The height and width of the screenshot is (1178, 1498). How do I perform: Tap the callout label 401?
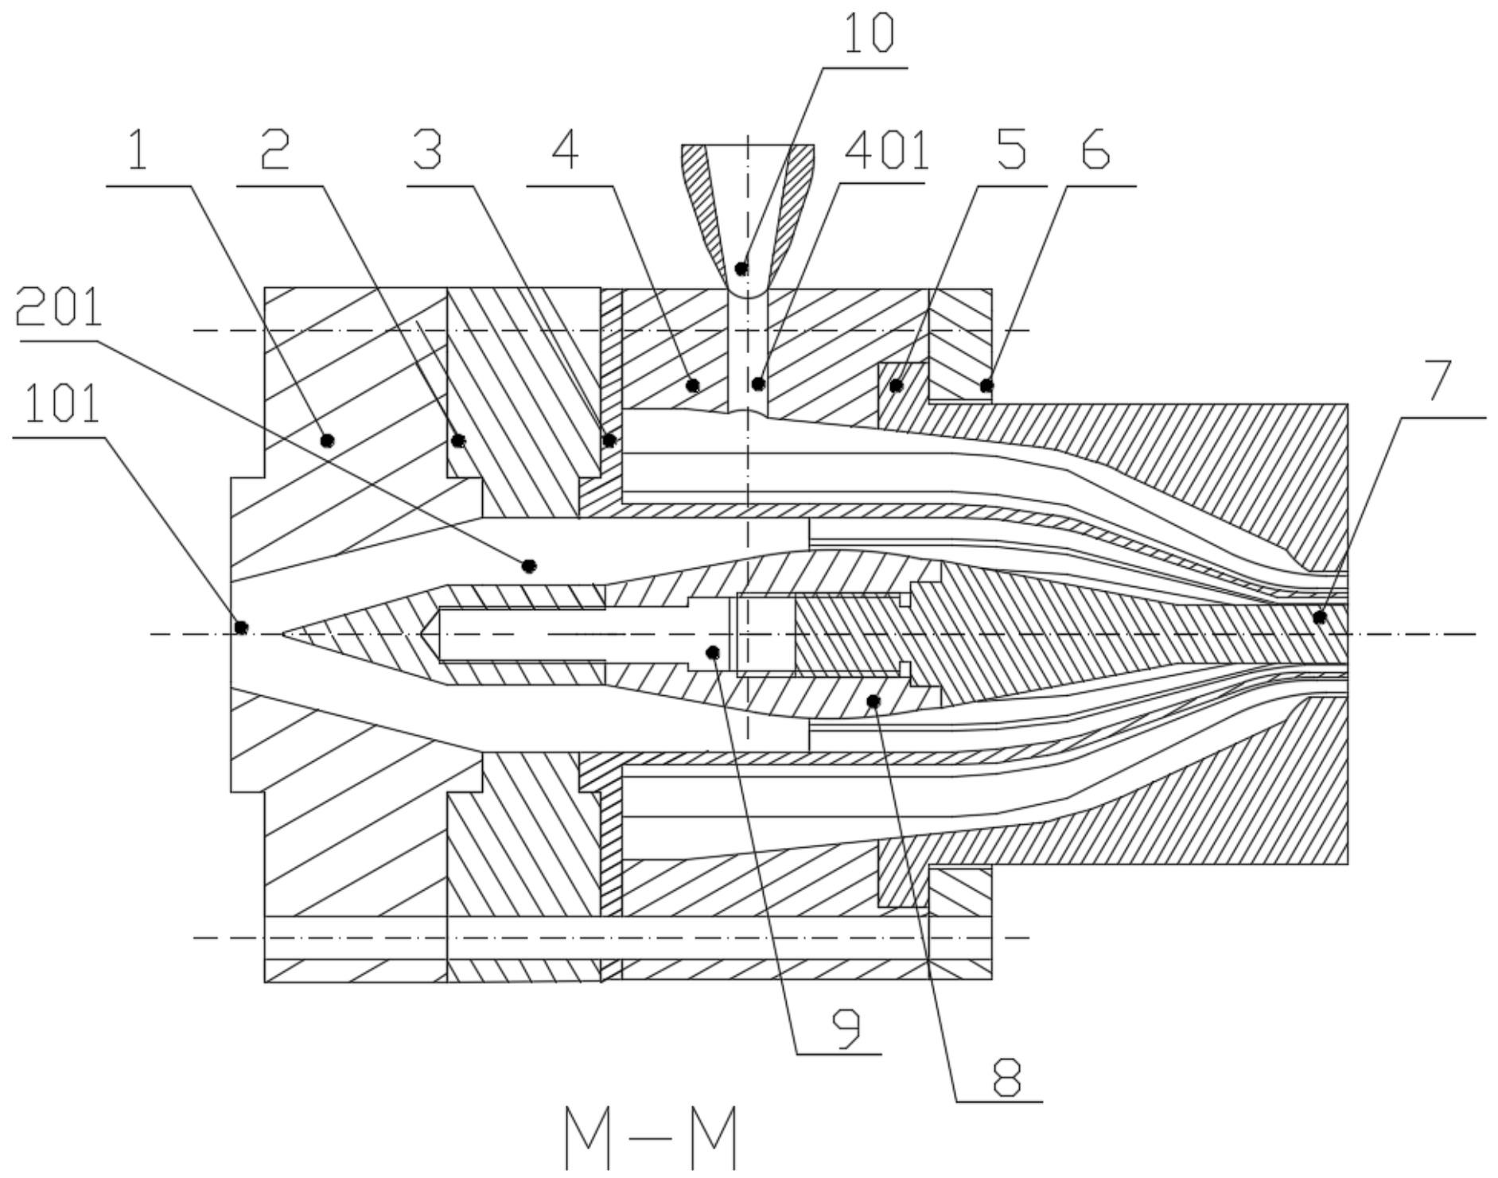(886, 150)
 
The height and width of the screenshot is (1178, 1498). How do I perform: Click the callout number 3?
(427, 150)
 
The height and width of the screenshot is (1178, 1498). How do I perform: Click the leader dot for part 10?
(741, 268)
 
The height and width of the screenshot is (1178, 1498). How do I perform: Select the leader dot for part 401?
(759, 384)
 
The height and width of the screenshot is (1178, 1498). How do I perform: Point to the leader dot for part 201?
(529, 566)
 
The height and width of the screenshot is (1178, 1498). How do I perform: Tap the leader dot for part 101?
(242, 628)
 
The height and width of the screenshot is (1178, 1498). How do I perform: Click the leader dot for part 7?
(1320, 616)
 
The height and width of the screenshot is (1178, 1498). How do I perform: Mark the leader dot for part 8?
(874, 701)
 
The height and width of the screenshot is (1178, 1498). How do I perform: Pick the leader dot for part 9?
(713, 652)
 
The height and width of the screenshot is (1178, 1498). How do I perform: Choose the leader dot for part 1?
(326, 440)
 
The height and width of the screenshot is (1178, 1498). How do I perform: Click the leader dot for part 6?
(986, 386)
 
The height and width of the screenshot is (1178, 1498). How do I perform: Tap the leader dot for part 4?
(692, 386)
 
